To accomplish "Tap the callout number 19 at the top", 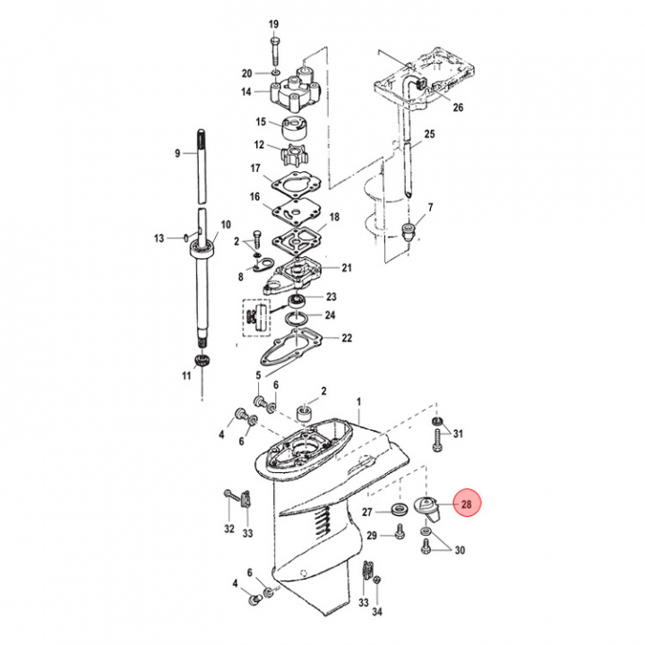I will tap(273, 23).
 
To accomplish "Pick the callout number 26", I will tap(458, 108).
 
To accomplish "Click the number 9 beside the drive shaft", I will tap(176, 153).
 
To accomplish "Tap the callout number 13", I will tap(159, 238).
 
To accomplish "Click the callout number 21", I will tap(347, 268).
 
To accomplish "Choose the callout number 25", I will tap(429, 134).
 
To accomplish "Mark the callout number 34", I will tap(377, 612).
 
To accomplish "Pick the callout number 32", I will tap(229, 529).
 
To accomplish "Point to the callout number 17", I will tap(254, 168).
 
